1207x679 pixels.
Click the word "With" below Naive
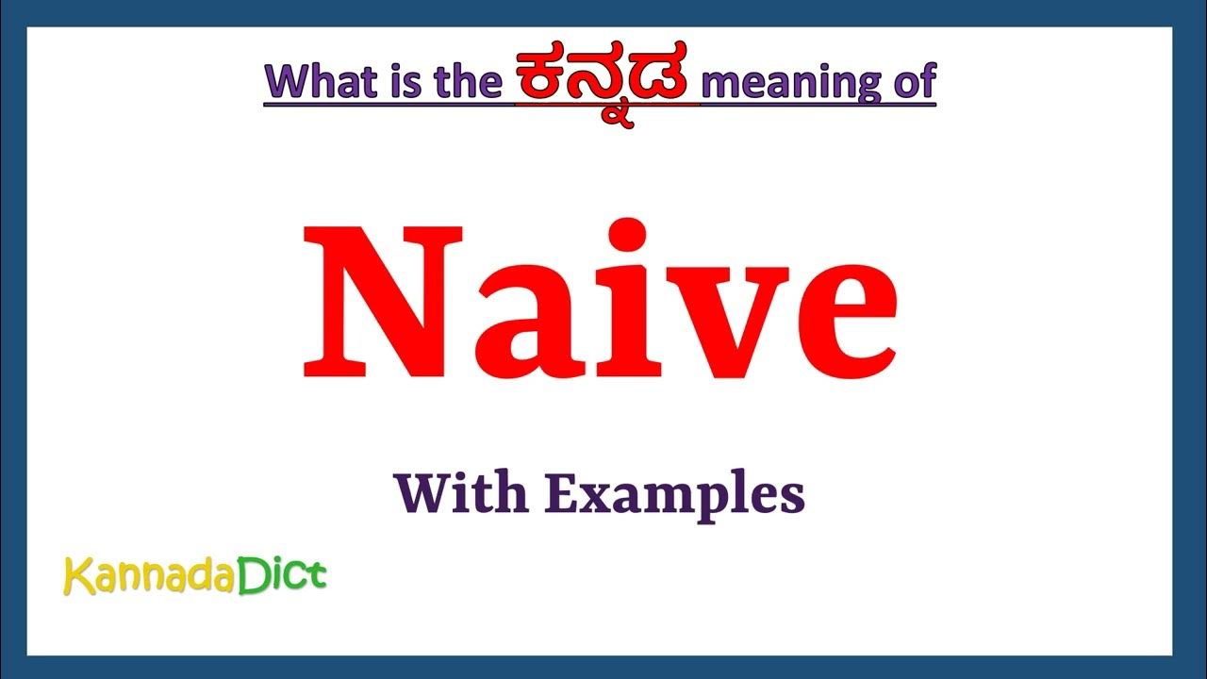(461, 493)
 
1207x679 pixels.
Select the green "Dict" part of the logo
(280, 573)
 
